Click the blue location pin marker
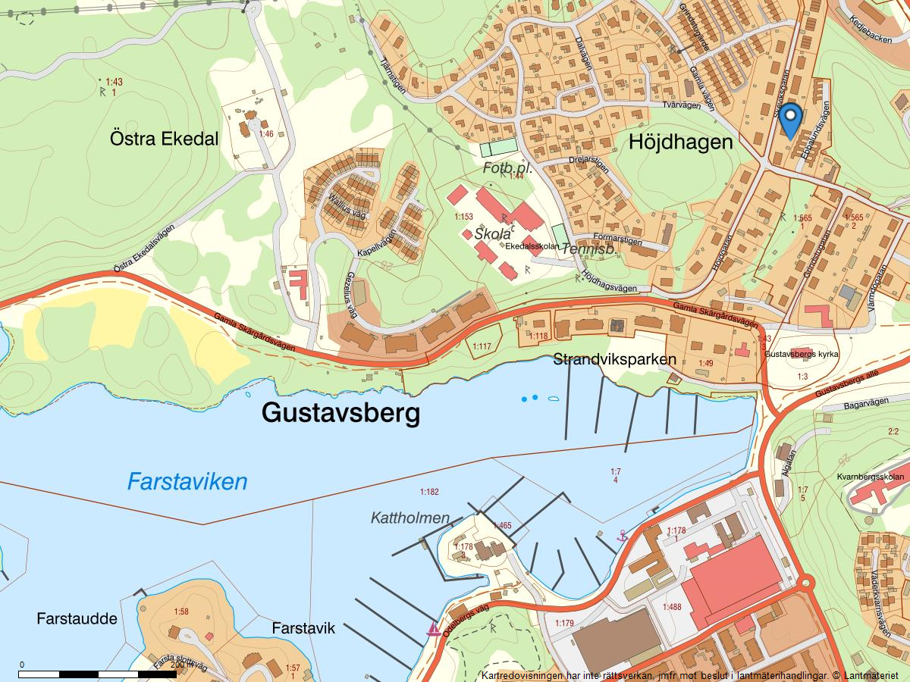pyautogui.click(x=791, y=120)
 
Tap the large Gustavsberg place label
pyautogui.click(x=340, y=413)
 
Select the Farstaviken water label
pyautogui.click(x=187, y=481)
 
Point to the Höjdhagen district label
pyautogui.click(x=680, y=142)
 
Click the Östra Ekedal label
pyautogui.click(x=164, y=139)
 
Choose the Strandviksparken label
pyautogui.click(x=614, y=358)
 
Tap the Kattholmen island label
pyautogui.click(x=410, y=518)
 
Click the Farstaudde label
pyautogui.click(x=77, y=619)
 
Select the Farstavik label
pyautogui.click(x=303, y=629)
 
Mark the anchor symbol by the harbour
pyautogui.click(x=623, y=536)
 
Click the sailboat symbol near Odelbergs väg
pyautogui.click(x=434, y=629)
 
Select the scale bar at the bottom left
pyautogui.click(x=98, y=673)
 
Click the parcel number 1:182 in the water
pyautogui.click(x=428, y=493)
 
